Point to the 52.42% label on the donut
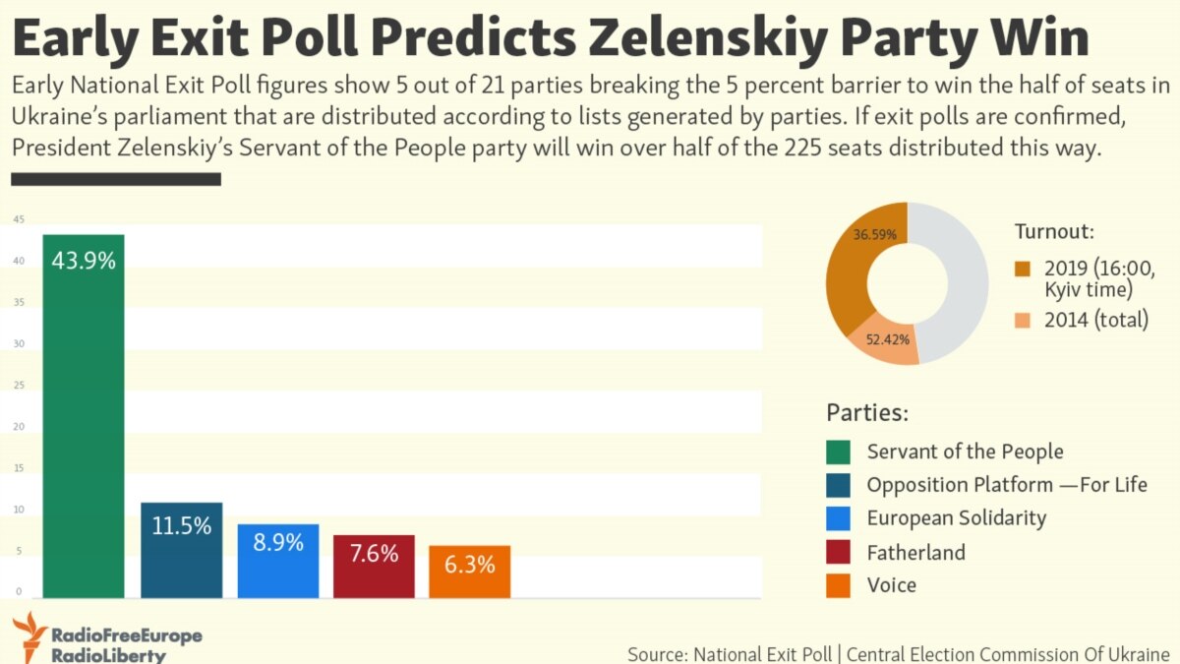coord(887,339)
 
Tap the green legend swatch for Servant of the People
coord(838,453)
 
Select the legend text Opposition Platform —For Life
coord(1007,485)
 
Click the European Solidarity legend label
coord(956,518)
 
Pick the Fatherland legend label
coord(915,552)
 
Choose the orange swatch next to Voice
coord(838,585)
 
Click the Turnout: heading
coord(1054,232)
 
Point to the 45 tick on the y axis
coord(19,220)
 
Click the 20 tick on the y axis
coord(19,427)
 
